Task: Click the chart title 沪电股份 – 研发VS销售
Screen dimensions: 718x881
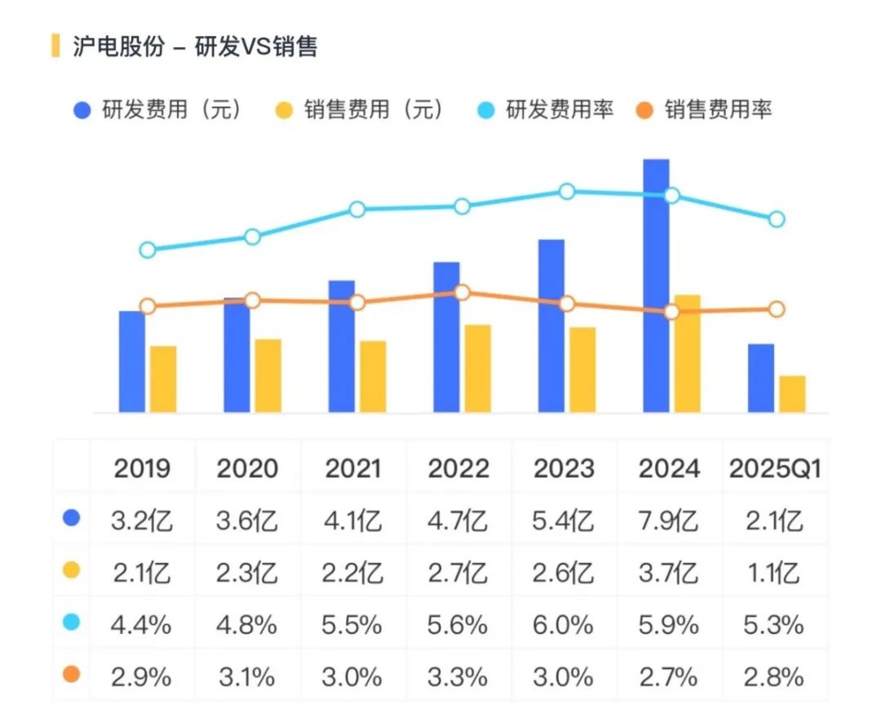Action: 194,47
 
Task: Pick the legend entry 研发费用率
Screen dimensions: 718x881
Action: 545,110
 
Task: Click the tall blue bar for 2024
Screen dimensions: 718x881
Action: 656,286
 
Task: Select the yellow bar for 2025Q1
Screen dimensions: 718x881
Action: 791,394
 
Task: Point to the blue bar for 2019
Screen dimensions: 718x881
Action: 132,361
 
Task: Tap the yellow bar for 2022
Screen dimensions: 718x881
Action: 477,368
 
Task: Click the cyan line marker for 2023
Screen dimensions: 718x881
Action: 567,192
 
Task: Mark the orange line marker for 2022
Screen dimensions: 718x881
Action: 462,293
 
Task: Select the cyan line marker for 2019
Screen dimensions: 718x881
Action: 148,250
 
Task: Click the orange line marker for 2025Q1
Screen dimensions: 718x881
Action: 777,309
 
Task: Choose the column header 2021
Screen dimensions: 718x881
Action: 353,468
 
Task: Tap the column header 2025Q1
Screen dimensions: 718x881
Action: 775,468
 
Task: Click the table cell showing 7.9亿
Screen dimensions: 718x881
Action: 669,521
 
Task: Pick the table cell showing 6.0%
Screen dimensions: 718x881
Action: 564,625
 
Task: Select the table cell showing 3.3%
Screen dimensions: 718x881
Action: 458,677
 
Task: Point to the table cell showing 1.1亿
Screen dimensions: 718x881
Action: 775,573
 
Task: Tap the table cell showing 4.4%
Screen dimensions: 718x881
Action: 142,625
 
